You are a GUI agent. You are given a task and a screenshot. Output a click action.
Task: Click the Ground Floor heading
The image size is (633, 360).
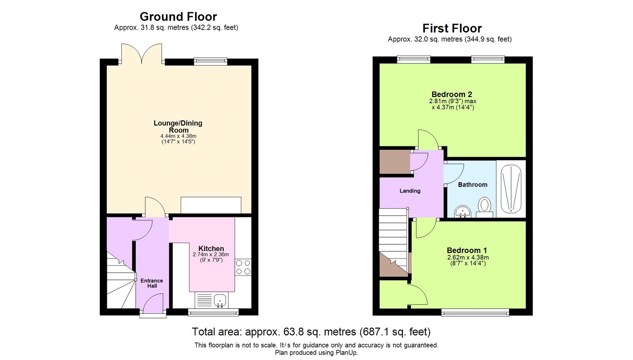pos(178,17)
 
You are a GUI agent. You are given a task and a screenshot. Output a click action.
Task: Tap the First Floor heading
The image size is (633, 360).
pos(452,28)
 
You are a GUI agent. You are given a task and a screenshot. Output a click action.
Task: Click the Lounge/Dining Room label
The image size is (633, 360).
pos(178,127)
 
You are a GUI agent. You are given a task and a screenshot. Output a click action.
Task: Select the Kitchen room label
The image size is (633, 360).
pos(211,248)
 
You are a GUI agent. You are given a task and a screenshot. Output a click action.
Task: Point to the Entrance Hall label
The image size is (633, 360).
pos(152,283)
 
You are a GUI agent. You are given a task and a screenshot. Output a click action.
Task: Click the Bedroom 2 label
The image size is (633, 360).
pos(452,94)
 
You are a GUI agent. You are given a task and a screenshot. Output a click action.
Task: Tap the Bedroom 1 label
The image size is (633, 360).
pos(467,250)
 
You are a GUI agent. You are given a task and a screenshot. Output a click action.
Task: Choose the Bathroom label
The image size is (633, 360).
pos(472,184)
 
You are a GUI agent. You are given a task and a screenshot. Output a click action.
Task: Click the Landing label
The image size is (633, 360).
pos(410,191)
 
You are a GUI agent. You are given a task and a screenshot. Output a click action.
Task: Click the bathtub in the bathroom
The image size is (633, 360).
pos(511,189)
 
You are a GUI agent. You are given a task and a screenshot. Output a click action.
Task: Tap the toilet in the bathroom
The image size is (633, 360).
pos(484,207)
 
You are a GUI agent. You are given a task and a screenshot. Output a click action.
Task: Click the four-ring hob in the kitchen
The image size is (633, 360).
pos(243,267)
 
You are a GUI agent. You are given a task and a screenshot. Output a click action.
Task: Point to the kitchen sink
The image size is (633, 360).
pos(220,300)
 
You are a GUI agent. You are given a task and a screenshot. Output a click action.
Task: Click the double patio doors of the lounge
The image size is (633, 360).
pos(142,53)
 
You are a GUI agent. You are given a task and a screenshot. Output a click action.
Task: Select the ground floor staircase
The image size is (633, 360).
pos(121,280)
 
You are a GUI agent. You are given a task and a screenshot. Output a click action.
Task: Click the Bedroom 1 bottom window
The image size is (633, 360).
pos(475,312)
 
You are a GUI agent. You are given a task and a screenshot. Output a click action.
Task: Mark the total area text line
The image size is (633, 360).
pos(311,332)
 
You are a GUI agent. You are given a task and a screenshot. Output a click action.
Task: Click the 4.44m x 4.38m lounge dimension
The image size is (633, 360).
pos(178,136)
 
